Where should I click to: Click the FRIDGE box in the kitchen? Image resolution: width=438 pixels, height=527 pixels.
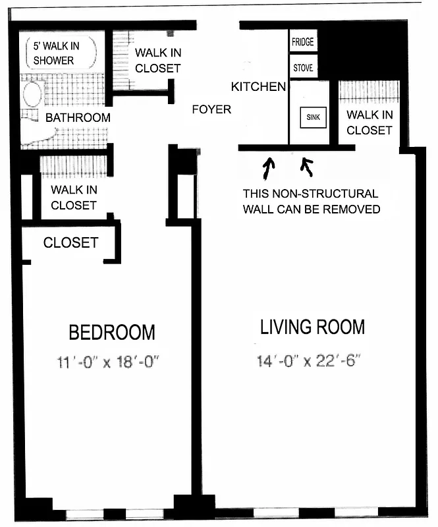[303, 42]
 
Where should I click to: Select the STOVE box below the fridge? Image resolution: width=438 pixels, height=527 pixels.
[303, 67]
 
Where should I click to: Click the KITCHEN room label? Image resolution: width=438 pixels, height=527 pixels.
[258, 86]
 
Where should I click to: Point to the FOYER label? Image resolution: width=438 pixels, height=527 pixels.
[211, 109]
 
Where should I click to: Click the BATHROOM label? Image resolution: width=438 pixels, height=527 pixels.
[77, 118]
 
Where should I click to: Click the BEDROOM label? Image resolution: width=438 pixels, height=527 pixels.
[113, 332]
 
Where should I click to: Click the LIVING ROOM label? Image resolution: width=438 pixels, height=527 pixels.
[312, 327]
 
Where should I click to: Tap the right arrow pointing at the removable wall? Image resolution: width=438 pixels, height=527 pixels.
[306, 168]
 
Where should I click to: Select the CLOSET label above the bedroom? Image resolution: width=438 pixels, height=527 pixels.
[70, 242]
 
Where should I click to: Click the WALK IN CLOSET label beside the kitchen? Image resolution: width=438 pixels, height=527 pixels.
[370, 123]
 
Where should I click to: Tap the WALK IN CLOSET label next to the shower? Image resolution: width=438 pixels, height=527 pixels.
[157, 61]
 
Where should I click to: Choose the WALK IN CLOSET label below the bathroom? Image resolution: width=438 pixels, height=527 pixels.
[74, 198]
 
